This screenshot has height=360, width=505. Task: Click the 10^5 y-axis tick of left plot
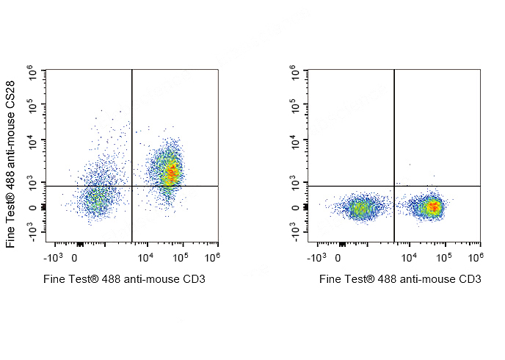click(33, 106)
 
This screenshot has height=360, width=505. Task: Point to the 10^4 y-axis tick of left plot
click(33, 140)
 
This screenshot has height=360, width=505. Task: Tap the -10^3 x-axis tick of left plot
click(53, 258)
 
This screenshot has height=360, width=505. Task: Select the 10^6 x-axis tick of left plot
click(212, 258)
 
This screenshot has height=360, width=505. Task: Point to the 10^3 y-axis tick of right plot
click(296, 181)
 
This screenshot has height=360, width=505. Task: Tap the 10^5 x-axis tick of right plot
click(443, 258)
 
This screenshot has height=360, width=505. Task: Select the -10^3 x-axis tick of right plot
click(316, 258)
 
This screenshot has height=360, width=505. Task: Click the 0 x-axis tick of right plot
click(338, 258)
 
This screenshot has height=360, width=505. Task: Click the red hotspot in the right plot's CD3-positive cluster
click(434, 208)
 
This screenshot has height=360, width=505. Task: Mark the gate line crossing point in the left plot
click(132, 186)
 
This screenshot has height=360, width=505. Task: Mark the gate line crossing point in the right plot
click(395, 186)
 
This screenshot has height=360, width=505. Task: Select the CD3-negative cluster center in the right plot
click(360, 209)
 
